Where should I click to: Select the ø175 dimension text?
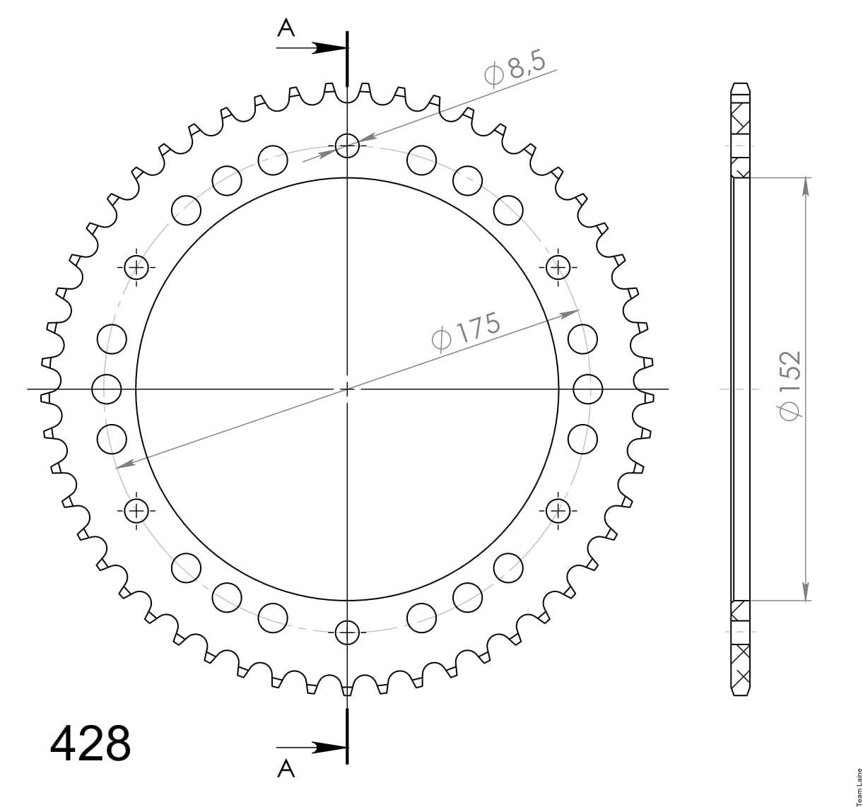(466, 331)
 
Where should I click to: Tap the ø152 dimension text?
(789, 385)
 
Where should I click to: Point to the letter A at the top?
(286, 29)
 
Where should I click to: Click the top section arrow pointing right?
(312, 48)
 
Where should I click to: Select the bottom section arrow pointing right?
(312, 748)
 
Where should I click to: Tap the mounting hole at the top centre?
(347, 145)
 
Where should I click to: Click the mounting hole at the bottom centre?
(347, 632)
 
